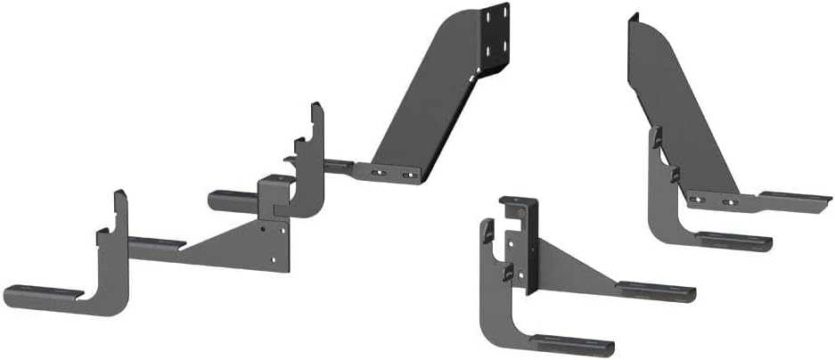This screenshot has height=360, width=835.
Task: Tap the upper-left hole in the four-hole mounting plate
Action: point(489,13)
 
